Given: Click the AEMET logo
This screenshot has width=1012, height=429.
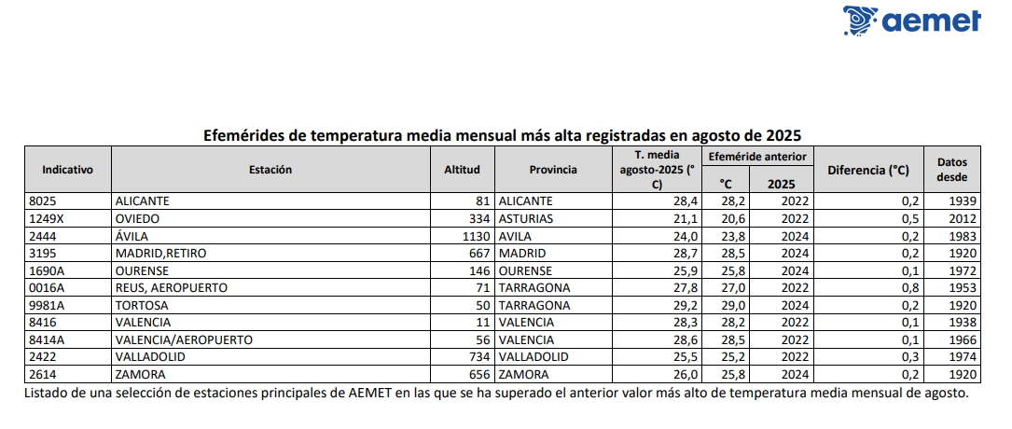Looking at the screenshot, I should point(911,21).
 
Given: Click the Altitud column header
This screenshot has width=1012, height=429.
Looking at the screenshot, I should point(462,170).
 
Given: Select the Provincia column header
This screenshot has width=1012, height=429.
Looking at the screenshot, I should point(553,170).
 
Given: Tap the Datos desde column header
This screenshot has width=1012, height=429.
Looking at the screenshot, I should point(952,169).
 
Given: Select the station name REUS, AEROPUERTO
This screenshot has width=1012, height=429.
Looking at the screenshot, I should point(171,287).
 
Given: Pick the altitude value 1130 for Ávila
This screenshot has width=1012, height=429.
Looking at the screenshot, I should point(476,236).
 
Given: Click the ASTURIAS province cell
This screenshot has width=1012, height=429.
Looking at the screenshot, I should point(526,218).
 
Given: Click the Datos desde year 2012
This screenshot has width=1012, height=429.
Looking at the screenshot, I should point(962,218).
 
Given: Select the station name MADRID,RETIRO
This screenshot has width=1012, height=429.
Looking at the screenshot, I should point(160,253).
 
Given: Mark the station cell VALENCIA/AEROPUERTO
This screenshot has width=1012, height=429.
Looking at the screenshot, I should point(183,339).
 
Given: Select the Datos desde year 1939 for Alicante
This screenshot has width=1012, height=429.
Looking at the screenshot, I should point(962,201).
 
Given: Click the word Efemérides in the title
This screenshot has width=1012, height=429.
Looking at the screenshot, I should point(245,134).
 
